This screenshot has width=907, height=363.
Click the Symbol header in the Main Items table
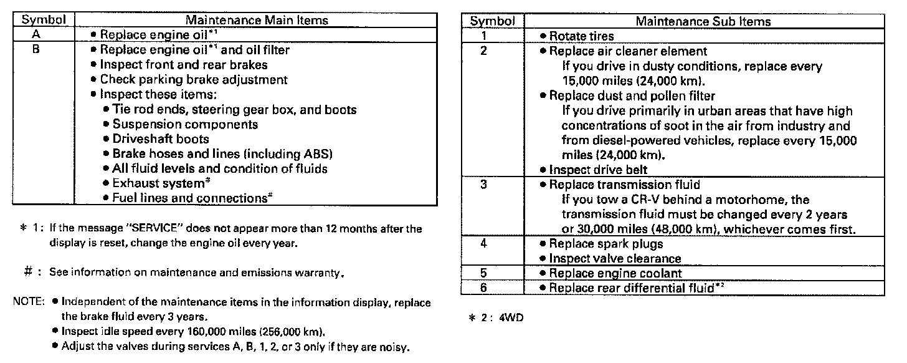pos(44,21)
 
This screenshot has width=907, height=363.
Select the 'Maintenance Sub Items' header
pos(703,22)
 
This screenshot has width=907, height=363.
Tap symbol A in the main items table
pos(36,35)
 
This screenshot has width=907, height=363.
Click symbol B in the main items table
pos(36,50)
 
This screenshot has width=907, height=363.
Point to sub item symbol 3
pos(483,185)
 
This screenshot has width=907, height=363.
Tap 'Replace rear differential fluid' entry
pos(632,288)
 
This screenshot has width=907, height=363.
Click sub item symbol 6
pos(483,288)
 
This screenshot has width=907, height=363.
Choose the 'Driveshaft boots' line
pos(160,138)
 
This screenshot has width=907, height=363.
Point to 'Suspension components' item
pos(176,124)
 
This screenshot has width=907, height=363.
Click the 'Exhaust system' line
pos(159,183)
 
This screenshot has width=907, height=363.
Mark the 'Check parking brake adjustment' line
pos(193,80)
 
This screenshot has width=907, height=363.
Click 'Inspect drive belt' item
pos(598,170)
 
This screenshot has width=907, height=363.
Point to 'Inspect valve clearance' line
pos(615,258)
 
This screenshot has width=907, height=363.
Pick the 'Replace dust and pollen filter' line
pos(631,95)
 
